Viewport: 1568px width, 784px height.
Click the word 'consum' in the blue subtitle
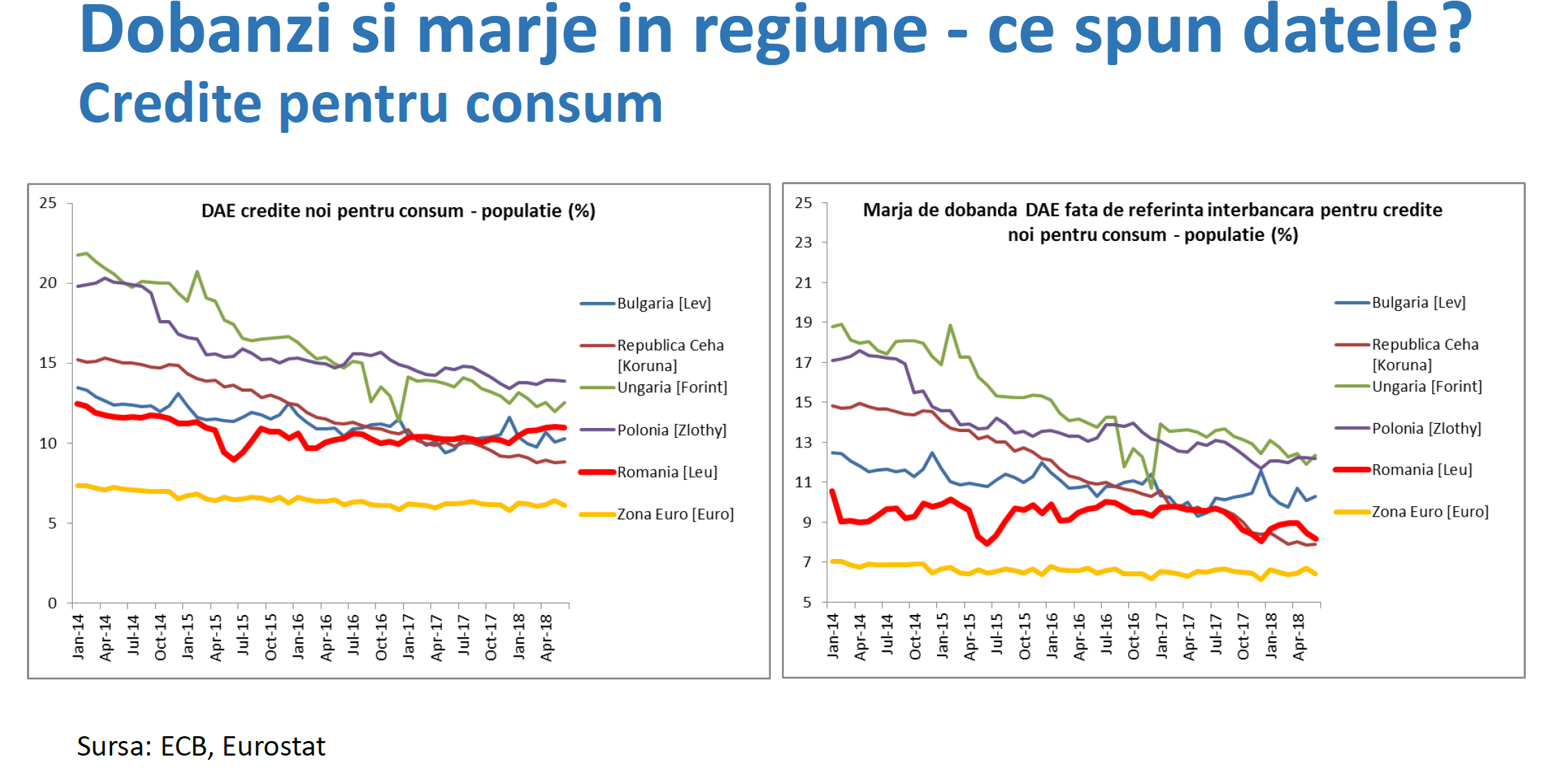[564, 104]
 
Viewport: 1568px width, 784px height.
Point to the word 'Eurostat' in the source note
[274, 746]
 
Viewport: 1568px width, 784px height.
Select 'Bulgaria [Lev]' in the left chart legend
[663, 303]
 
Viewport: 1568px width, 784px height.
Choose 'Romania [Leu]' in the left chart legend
[667, 472]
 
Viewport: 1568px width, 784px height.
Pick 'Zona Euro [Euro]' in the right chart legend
[1429, 512]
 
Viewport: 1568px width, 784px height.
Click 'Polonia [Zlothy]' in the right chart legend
[1426, 429]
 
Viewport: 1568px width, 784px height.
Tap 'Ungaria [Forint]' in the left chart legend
[672, 387]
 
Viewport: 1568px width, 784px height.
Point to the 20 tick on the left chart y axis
[48, 283]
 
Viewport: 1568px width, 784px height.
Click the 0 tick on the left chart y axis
[52, 603]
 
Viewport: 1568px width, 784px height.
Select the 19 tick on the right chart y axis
[803, 322]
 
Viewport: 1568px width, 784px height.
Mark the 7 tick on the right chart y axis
[806, 562]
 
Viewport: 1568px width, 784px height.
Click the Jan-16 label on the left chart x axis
[298, 636]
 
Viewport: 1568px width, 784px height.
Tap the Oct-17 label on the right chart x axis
[1242, 636]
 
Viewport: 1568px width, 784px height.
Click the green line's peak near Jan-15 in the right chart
[950, 325]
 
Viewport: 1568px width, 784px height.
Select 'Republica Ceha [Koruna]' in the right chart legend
[1425, 354]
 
